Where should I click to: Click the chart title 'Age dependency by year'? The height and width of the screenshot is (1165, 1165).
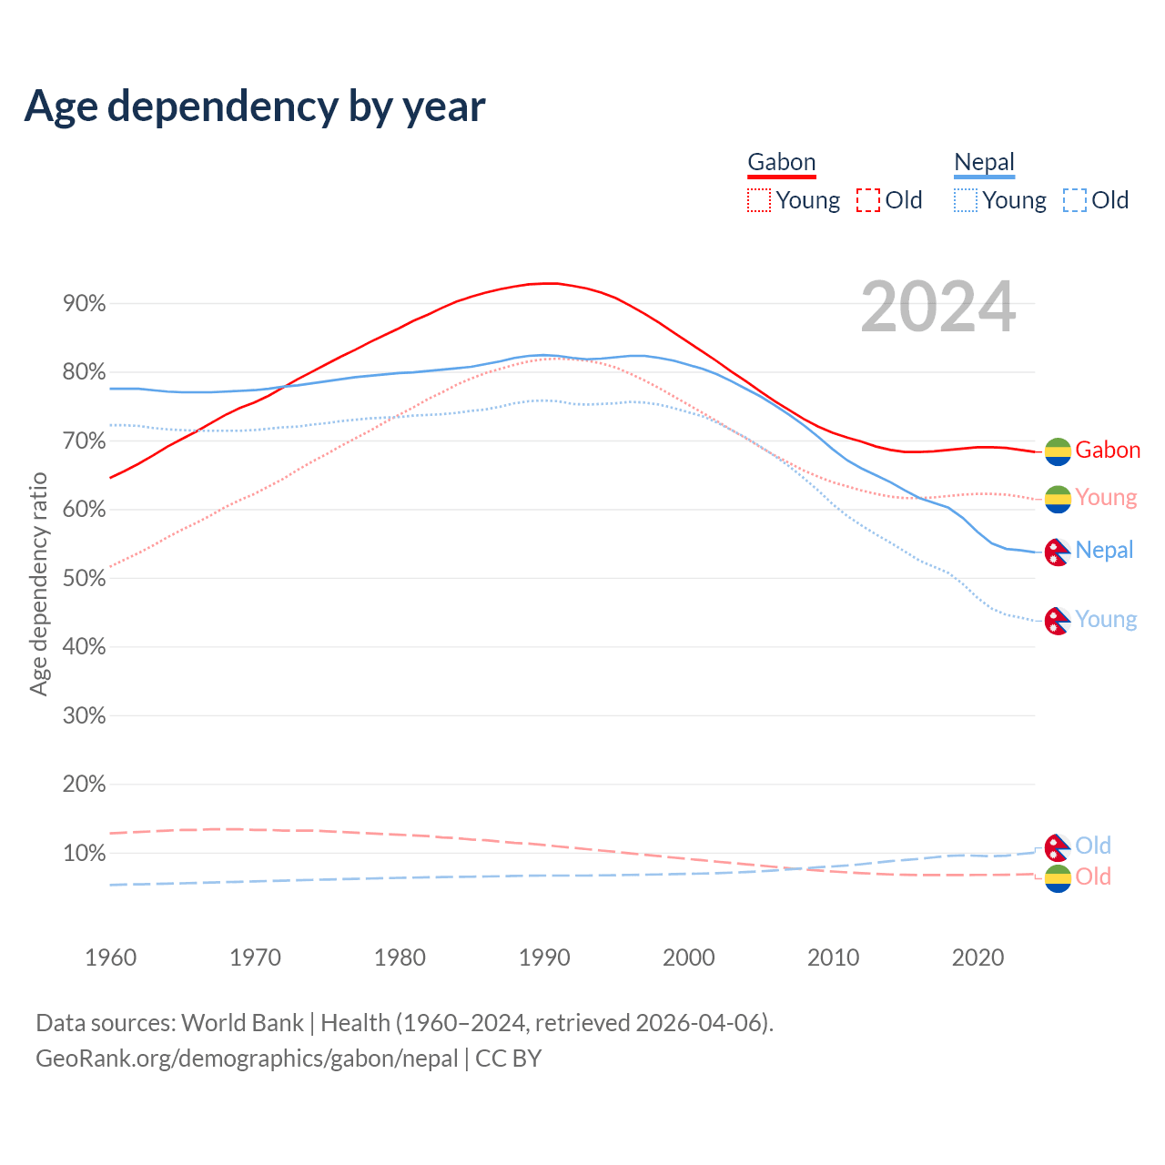click(x=255, y=106)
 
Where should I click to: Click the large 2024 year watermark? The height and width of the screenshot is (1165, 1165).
click(x=937, y=308)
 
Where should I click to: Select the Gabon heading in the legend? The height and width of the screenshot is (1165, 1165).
click(x=781, y=163)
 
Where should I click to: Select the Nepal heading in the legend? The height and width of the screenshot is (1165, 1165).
click(x=984, y=163)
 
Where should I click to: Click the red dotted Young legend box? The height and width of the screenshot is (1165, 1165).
click(x=758, y=200)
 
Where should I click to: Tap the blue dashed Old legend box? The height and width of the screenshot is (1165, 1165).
click(x=1074, y=200)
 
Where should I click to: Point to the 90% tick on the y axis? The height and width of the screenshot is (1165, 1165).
click(x=85, y=304)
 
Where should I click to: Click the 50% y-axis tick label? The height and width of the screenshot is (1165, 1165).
click(x=85, y=579)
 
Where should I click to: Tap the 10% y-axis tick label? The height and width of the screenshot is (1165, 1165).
click(x=85, y=854)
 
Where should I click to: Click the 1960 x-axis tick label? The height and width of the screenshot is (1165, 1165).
click(x=110, y=957)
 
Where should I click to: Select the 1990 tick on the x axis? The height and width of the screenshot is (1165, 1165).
click(x=544, y=957)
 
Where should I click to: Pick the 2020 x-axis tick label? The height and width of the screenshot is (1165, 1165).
click(x=978, y=957)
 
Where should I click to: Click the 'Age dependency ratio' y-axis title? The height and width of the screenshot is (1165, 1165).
click(x=38, y=583)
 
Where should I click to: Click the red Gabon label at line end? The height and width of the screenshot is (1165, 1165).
click(x=1108, y=451)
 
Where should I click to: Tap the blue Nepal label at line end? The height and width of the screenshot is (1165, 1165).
click(x=1104, y=551)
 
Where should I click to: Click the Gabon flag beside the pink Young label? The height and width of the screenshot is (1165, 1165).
click(x=1058, y=499)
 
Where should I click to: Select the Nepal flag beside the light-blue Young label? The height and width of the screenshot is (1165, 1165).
click(x=1058, y=622)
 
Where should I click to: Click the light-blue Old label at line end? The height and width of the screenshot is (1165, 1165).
click(x=1093, y=846)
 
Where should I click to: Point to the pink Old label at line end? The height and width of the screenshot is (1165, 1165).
click(x=1093, y=877)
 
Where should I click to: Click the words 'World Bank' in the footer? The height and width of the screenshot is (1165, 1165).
click(x=242, y=1023)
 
